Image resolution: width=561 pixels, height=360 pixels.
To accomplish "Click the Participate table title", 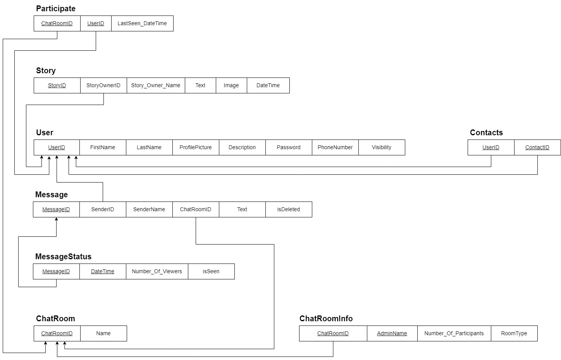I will tap(56, 9).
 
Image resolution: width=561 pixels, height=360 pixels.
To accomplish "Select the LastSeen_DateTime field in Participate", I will tap(142, 23).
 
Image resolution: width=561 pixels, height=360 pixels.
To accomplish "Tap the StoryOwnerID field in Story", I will tap(103, 85).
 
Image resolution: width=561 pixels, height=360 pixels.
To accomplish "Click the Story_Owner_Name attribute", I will tap(156, 85).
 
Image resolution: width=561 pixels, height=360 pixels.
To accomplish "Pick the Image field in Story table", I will tap(231, 85).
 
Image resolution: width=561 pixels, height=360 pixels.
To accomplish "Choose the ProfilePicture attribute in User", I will tap(196, 147).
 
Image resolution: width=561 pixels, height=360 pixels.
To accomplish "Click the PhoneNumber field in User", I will tap(335, 147).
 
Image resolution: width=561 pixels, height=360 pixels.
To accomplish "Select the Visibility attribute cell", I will tap(382, 147).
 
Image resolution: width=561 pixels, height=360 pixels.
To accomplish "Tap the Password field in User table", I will tap(289, 147).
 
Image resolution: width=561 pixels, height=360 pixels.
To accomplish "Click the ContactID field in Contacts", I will tap(537, 147).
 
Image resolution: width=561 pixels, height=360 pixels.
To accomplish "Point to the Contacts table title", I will tap(486, 133).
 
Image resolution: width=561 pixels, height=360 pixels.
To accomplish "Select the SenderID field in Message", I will tap(103, 209).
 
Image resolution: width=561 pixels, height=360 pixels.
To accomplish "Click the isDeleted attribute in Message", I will tap(289, 209).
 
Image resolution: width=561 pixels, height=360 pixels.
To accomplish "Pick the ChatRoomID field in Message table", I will tap(196, 209).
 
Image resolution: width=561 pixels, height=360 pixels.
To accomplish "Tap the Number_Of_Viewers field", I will tap(157, 271).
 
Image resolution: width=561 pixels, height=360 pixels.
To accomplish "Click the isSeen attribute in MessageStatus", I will tap(211, 271).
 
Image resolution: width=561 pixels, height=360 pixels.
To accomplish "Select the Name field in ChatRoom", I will tap(103, 333).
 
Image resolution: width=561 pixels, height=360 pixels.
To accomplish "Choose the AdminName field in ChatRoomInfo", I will tap(392, 333).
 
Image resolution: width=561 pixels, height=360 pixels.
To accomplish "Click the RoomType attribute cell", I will tap(514, 333).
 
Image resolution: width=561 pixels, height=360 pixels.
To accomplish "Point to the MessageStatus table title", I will tap(63, 257).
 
